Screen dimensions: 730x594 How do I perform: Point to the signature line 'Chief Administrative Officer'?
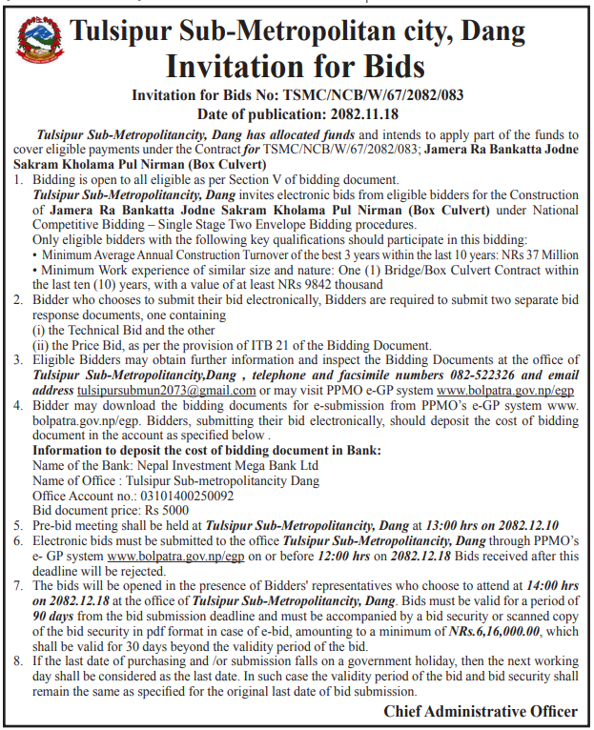pos(481,711)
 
